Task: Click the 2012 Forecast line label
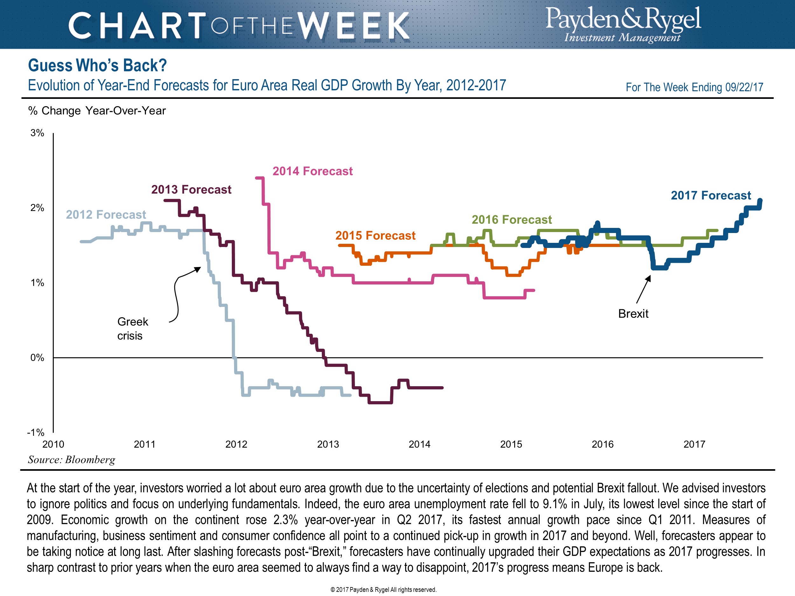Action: click(106, 215)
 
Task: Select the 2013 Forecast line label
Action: click(191, 189)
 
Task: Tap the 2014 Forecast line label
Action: click(312, 171)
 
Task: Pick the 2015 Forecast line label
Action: click(375, 235)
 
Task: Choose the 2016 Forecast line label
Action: click(511, 220)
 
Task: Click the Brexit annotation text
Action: click(633, 314)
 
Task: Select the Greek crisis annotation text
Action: click(132, 328)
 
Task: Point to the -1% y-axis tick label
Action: click(36, 432)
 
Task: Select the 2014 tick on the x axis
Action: click(419, 444)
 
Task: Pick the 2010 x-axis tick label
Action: click(53, 444)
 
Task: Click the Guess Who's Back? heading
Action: click(97, 65)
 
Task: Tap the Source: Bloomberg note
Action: click(72, 460)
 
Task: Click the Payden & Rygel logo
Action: click(623, 24)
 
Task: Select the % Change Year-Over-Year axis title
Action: click(97, 111)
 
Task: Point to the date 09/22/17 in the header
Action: click(744, 87)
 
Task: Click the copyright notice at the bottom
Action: click(383, 590)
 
